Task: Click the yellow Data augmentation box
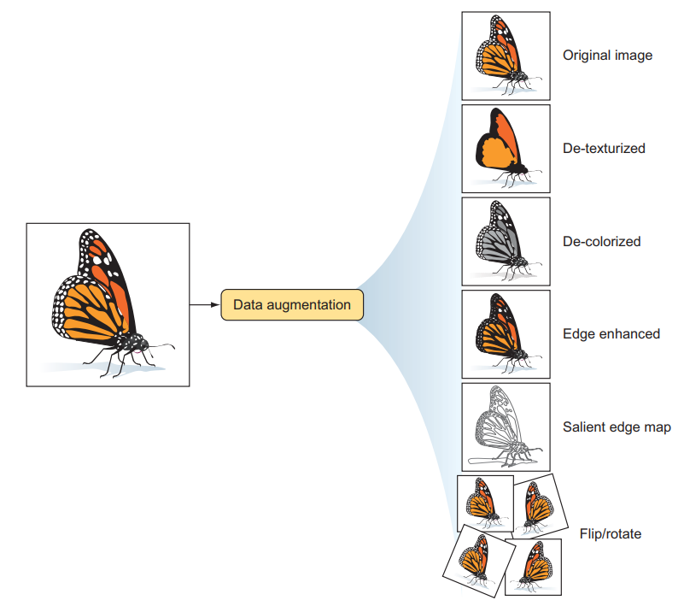(292, 304)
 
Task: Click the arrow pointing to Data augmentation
(205, 304)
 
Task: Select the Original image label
(607, 56)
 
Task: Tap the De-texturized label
(604, 149)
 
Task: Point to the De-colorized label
(601, 241)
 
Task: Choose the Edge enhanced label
(611, 334)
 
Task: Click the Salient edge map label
(617, 427)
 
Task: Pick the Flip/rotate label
(611, 533)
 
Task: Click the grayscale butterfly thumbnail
(506, 241)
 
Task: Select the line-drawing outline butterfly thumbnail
(506, 427)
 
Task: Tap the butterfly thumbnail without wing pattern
(506, 149)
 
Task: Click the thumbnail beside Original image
(506, 56)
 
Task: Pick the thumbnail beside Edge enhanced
(506, 334)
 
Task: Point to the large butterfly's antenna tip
(174, 348)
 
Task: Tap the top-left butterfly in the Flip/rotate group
(485, 503)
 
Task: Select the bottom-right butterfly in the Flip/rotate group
(533, 567)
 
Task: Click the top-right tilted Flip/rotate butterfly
(540, 506)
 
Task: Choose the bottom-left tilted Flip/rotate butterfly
(477, 561)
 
